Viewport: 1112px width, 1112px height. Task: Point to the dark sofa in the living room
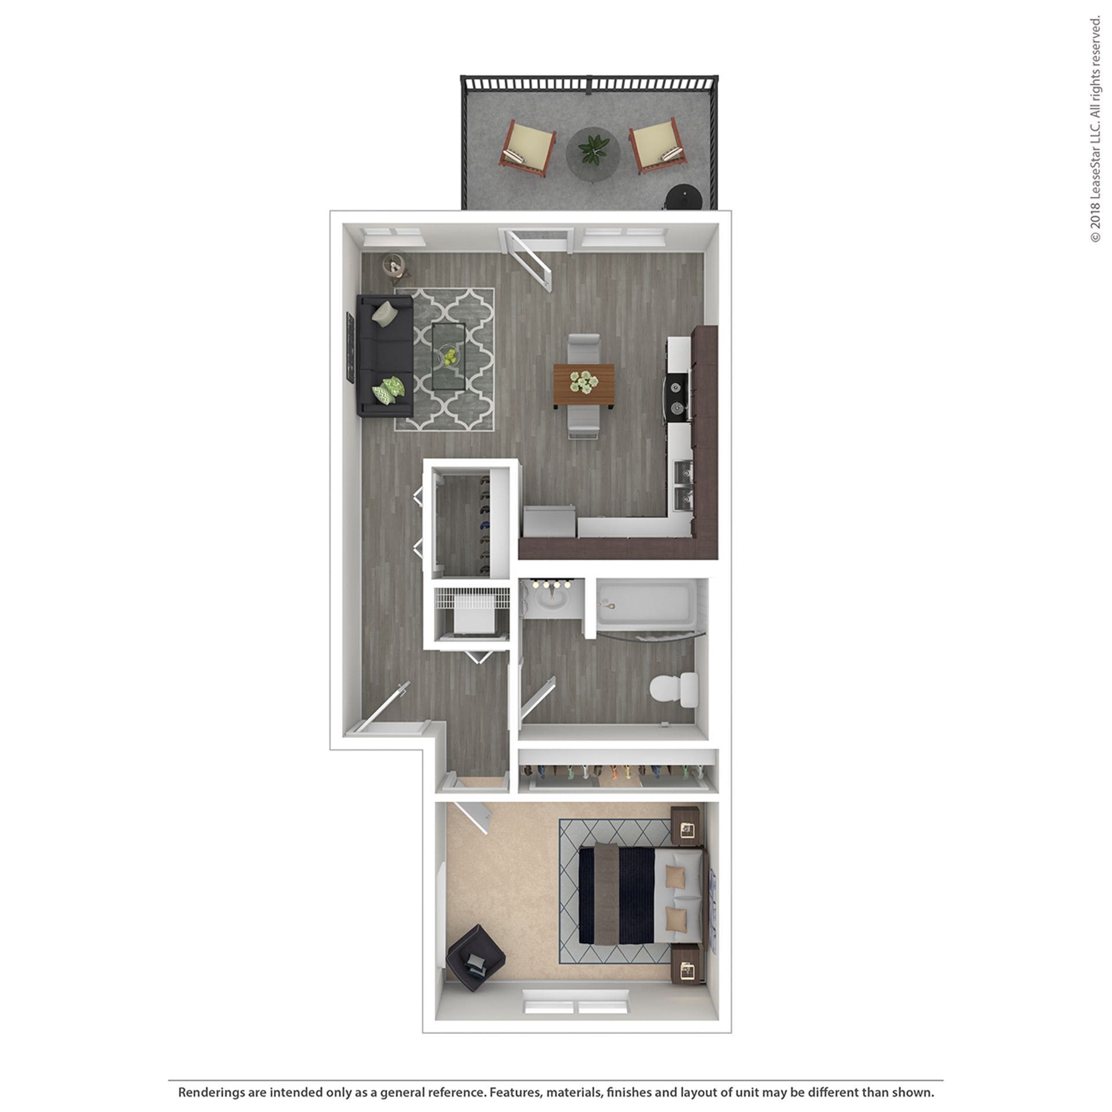(383, 355)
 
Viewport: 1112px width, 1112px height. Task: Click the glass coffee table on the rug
(448, 357)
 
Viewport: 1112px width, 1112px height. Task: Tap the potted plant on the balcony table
(593, 147)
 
